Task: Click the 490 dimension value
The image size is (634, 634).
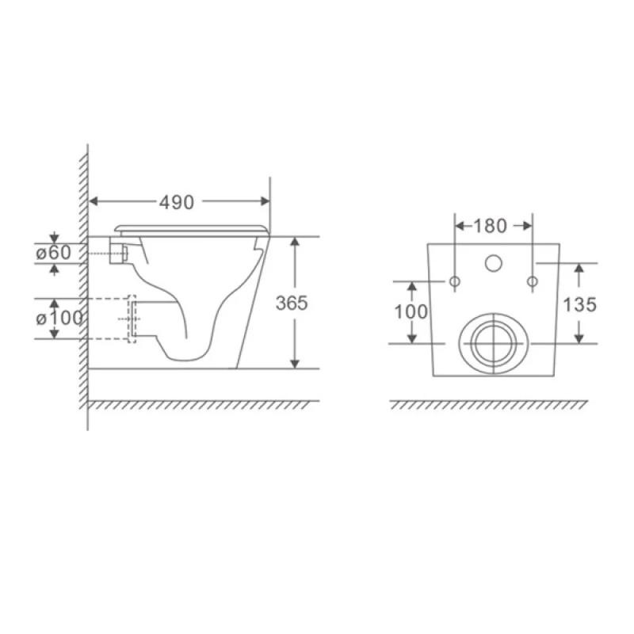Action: pyautogui.click(x=176, y=202)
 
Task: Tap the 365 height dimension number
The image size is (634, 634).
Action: pyautogui.click(x=292, y=303)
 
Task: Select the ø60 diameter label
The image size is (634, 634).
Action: pyautogui.click(x=53, y=253)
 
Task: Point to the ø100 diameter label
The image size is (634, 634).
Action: pyautogui.click(x=59, y=319)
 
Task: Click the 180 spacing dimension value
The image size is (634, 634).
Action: pyautogui.click(x=490, y=226)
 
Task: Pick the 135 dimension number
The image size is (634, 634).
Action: pyautogui.click(x=580, y=304)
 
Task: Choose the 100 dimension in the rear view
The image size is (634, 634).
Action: pyautogui.click(x=411, y=311)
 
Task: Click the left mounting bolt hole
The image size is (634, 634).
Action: pyautogui.click(x=455, y=281)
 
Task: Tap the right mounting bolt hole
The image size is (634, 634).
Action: pyautogui.click(x=533, y=281)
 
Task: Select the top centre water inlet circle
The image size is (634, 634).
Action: pyautogui.click(x=493, y=263)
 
